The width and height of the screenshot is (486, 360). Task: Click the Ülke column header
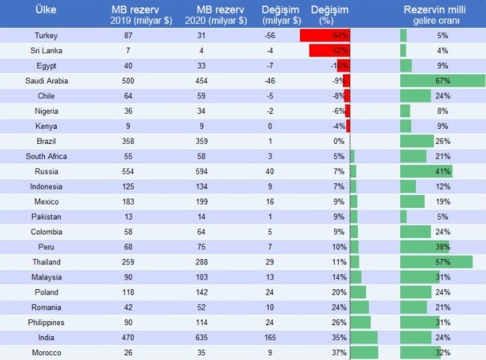coord(48,11)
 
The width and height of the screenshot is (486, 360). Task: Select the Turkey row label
coord(46,35)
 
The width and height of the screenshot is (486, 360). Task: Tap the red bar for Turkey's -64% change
coord(324,35)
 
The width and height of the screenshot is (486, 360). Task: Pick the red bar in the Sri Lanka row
coord(329,50)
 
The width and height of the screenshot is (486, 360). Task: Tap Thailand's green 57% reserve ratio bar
coord(436,262)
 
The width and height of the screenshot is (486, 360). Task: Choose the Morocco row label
coord(46,352)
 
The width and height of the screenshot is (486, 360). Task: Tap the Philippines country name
coord(46,322)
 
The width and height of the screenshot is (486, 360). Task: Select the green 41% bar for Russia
coord(426,172)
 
